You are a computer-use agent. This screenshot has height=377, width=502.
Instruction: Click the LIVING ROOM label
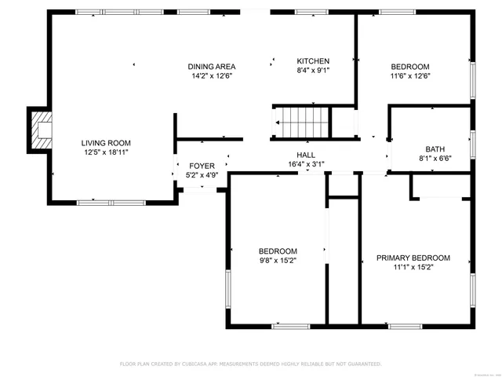(104, 142)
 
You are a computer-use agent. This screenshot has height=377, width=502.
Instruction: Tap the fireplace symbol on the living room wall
(39, 129)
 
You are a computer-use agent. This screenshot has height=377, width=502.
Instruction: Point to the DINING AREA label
(212, 67)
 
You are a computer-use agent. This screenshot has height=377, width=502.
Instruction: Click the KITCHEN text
(312, 61)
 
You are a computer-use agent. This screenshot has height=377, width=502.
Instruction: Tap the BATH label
(435, 148)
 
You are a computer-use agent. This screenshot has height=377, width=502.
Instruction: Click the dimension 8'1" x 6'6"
(435, 158)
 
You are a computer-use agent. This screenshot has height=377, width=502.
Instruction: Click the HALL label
(306, 155)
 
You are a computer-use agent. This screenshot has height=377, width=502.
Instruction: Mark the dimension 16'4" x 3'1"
(306, 164)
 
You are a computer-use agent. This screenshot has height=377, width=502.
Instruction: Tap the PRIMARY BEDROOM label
(413, 258)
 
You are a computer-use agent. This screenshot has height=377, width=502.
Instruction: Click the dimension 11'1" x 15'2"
(413, 267)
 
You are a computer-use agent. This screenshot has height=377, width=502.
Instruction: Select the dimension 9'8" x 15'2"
(278, 260)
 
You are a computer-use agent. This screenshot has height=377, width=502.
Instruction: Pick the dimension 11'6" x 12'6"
(410, 75)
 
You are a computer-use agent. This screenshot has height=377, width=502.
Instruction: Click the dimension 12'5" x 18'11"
(104, 152)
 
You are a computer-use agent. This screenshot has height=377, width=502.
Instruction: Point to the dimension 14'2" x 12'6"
(212, 76)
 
